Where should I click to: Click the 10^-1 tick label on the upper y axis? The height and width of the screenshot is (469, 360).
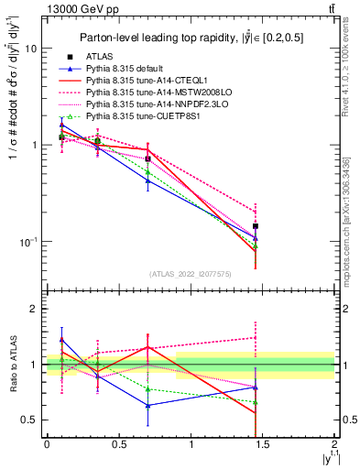pyautogui.click(x=28, y=242)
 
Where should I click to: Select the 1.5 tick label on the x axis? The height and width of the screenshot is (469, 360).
pyautogui.click(x=263, y=444)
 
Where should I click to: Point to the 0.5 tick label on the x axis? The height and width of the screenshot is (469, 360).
pyautogui.click(x=118, y=444)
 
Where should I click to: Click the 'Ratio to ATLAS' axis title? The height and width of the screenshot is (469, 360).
pyautogui.click(x=11, y=365)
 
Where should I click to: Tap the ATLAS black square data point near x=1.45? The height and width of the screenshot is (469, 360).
pyautogui.click(x=256, y=225)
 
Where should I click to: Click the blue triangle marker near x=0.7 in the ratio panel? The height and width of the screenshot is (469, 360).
pyautogui.click(x=147, y=405)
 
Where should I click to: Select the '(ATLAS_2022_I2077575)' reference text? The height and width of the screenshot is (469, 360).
pyautogui.click(x=191, y=273)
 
